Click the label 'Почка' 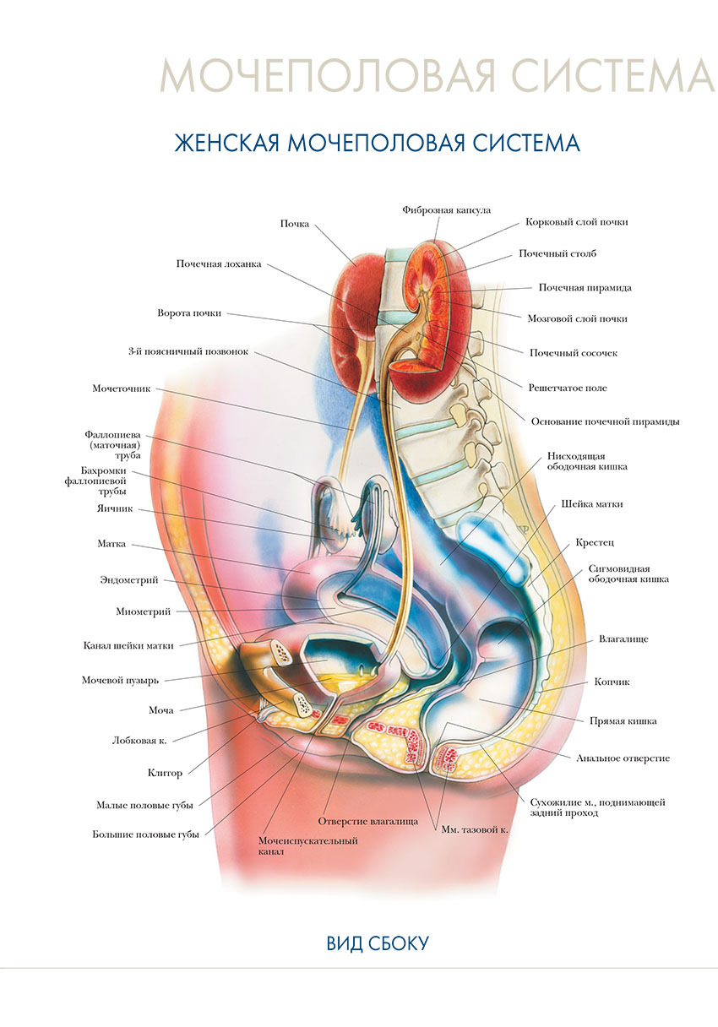295,224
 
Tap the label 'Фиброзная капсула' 446,209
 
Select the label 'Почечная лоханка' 219,264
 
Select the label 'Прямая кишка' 623,721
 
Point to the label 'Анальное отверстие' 623,758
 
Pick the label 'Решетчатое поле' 568,388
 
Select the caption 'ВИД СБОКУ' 378,943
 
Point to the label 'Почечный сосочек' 573,353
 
